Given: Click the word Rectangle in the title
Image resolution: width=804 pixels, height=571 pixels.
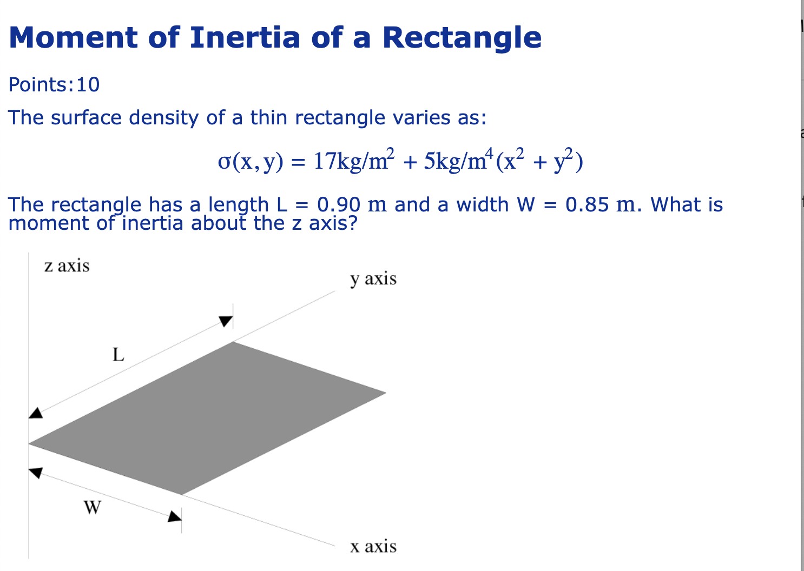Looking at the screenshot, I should (x=462, y=37).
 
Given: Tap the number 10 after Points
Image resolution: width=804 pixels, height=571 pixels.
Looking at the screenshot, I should (x=88, y=85).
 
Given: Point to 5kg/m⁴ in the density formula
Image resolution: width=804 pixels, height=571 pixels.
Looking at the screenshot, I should (x=459, y=161).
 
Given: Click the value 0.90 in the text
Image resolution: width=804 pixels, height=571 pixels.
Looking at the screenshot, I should (x=339, y=205).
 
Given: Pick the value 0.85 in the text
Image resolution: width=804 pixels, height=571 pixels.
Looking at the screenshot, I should (x=587, y=205).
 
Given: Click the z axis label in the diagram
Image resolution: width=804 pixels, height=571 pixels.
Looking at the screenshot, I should (x=67, y=266).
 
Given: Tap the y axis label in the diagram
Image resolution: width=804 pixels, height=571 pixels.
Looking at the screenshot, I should (x=373, y=279).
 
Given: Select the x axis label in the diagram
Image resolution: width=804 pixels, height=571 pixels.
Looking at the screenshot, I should (x=373, y=547).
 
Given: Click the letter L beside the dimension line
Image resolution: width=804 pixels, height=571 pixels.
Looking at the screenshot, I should (x=118, y=355).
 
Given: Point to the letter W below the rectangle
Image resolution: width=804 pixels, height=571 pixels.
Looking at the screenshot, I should (x=92, y=508).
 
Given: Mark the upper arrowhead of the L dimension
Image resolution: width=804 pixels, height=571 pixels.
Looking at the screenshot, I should (x=226, y=321).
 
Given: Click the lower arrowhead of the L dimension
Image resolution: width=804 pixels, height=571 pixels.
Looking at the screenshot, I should (x=35, y=413).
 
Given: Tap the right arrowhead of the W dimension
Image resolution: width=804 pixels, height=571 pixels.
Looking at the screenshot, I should (x=174, y=516).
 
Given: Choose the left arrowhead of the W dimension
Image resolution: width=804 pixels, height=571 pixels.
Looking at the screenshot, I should (x=35, y=473).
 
